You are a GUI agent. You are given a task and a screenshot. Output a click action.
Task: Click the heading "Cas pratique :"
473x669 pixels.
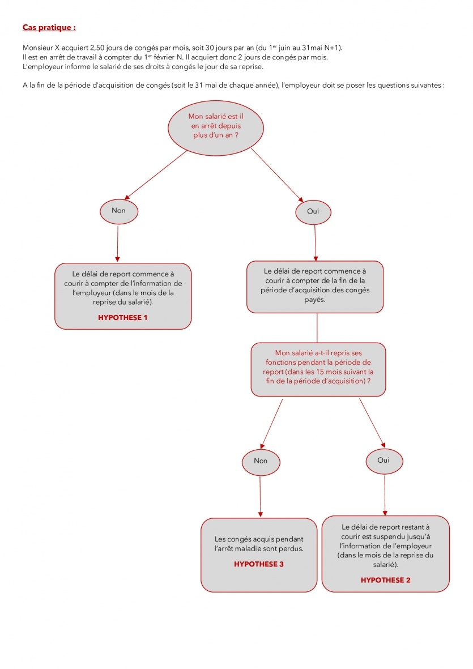(49, 27)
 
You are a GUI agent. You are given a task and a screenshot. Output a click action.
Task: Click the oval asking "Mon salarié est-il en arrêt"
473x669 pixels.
(216, 126)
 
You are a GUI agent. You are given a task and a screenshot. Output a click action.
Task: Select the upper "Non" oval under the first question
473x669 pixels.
(118, 210)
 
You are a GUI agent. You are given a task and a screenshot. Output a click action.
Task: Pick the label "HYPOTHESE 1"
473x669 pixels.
(122, 318)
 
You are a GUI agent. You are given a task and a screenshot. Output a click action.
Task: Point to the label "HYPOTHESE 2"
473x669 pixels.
(385, 580)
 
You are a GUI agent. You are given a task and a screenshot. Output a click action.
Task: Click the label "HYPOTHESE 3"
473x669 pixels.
(258, 564)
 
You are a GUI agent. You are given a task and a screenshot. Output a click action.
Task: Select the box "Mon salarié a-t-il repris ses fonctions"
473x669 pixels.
(318, 369)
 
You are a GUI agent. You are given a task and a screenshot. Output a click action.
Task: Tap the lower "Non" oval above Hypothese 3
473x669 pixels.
(261, 461)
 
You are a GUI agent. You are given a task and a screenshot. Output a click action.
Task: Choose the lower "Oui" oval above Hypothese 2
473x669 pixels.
(383, 461)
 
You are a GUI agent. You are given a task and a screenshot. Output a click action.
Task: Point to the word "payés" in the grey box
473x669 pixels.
(315, 300)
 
